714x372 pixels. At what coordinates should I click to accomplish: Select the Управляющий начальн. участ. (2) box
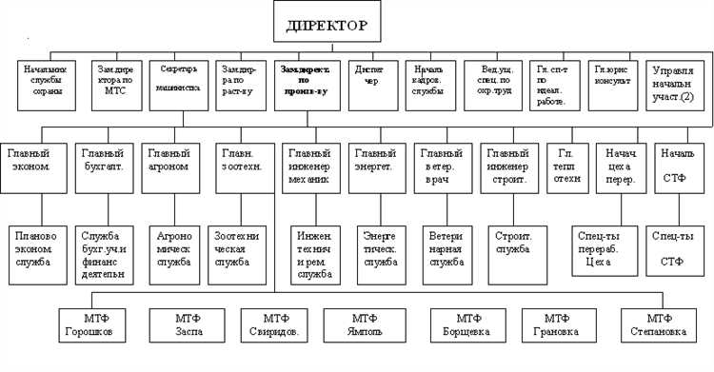[x=679, y=84]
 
